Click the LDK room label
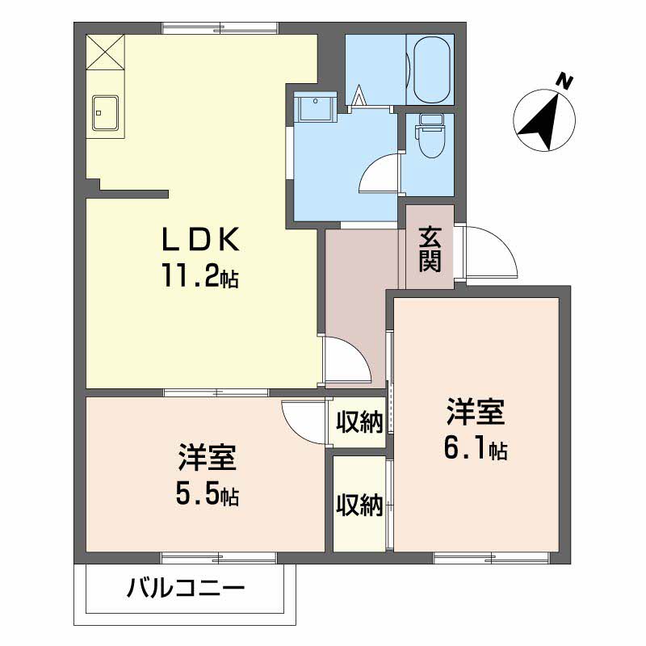pos(200,239)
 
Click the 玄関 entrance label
pos(430,250)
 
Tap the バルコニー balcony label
pos(186,588)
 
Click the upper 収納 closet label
pos(359,422)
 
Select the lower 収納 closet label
pos(359,505)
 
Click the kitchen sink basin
pos(106,113)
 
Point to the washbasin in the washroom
pos(316,107)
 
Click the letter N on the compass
pos(564,82)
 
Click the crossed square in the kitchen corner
pos(106,52)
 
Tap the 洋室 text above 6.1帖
pos(476,412)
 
